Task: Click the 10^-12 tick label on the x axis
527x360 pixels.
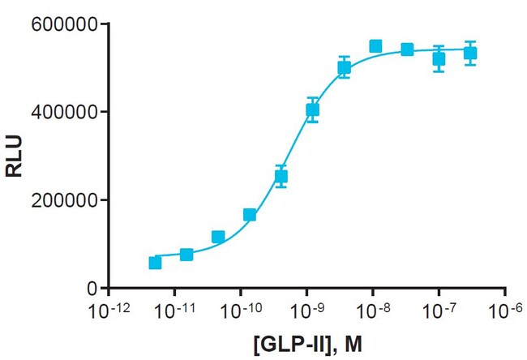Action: tap(106, 311)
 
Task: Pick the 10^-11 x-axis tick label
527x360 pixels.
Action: tap(173, 311)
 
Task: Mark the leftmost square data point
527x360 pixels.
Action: tap(155, 263)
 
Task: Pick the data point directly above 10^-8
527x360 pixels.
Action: tap(375, 46)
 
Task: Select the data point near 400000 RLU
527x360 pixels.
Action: tap(312, 109)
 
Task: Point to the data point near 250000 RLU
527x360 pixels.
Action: tap(281, 176)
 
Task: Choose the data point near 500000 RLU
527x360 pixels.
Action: tap(344, 68)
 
